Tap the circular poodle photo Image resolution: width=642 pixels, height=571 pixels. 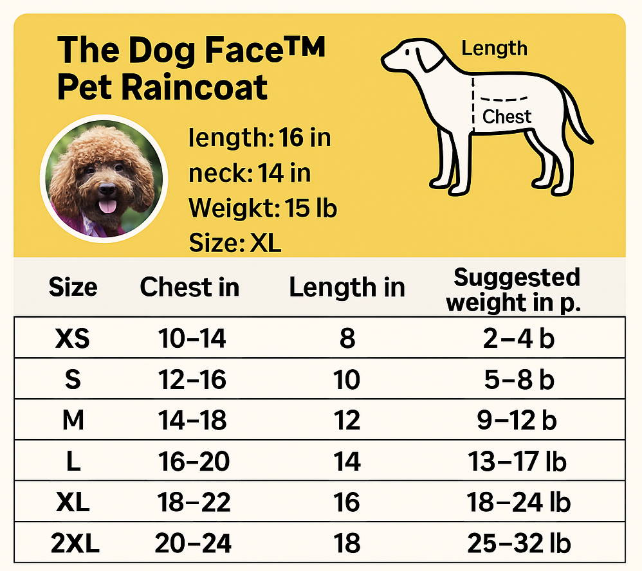(x=104, y=179)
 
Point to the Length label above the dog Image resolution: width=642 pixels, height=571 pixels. (x=494, y=48)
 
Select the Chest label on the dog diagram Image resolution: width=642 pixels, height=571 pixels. (x=507, y=116)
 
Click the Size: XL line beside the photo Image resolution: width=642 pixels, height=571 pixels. (x=235, y=244)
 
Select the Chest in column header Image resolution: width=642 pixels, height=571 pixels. (x=189, y=287)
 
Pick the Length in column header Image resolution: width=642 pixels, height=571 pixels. (x=347, y=287)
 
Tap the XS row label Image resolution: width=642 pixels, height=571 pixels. (x=73, y=338)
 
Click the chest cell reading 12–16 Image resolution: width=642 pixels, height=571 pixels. (x=192, y=379)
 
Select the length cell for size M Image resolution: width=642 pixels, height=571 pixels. (x=347, y=421)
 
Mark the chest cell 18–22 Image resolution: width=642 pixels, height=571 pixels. (x=192, y=503)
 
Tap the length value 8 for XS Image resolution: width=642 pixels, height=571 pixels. (x=347, y=338)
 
